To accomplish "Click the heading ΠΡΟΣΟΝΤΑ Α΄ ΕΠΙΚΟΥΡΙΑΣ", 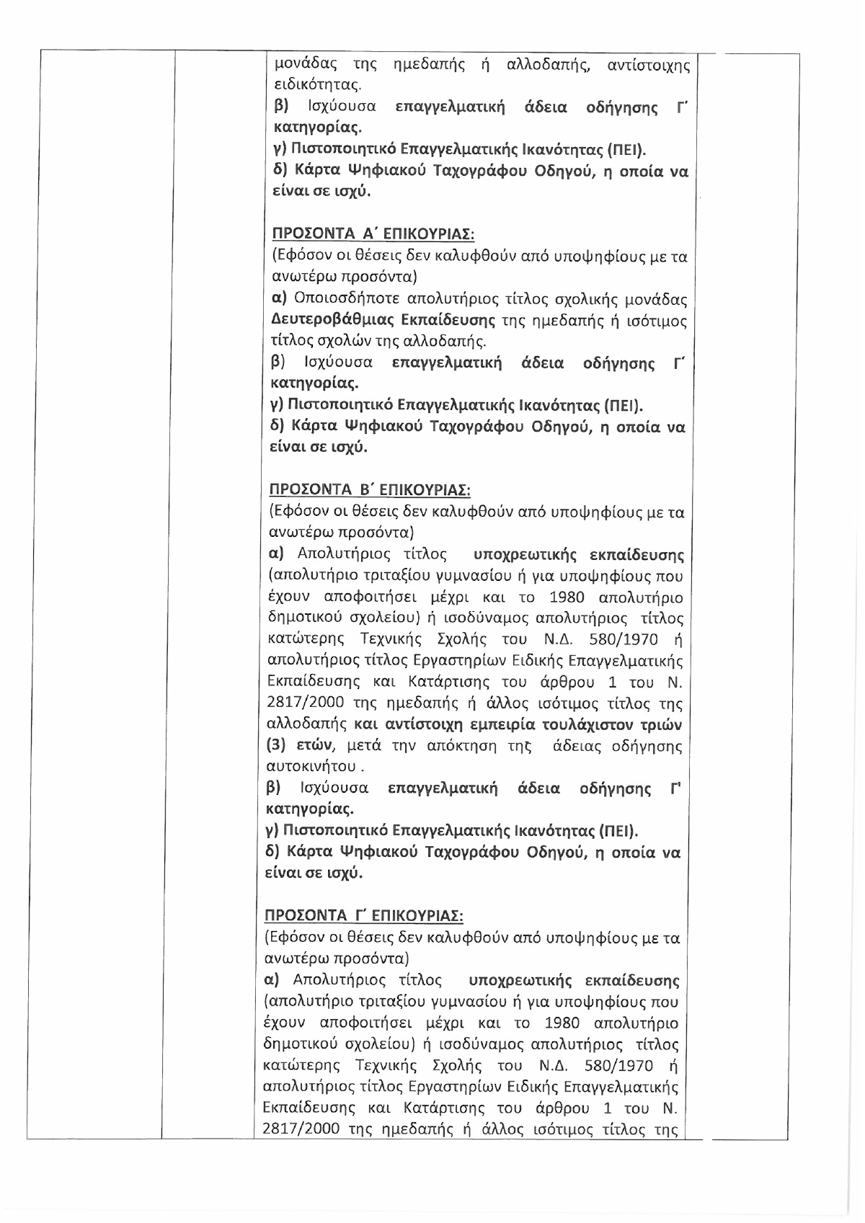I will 372,234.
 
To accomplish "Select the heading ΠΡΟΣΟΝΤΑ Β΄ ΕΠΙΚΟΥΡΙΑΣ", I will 369,491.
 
